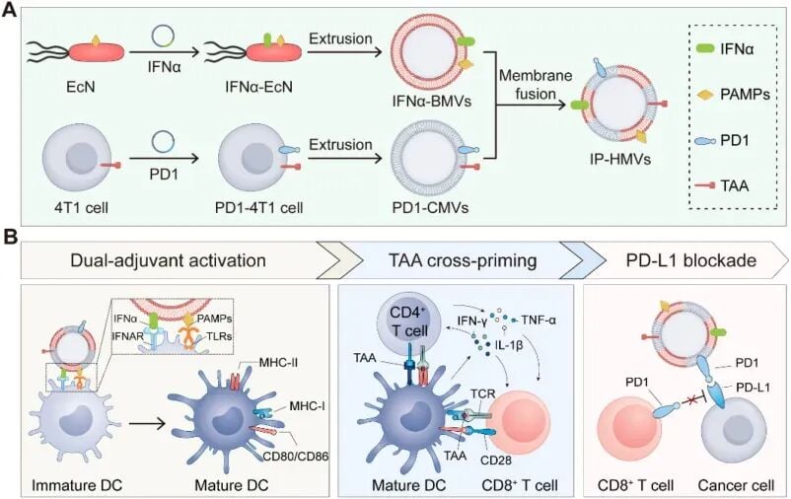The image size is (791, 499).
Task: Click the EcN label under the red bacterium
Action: click(81, 87)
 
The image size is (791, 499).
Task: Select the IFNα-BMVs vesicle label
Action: click(431, 102)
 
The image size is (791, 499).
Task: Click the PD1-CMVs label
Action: click(430, 207)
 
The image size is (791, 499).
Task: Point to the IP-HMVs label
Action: click(620, 160)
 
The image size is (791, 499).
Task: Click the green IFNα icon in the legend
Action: click(705, 48)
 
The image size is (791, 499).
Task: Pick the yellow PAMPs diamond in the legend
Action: click(705, 94)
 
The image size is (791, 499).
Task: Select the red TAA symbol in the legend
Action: click(705, 185)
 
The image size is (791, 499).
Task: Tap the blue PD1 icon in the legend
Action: click(705, 140)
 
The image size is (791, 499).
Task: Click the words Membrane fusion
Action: click(536, 85)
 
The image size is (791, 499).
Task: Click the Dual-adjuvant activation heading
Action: click(168, 260)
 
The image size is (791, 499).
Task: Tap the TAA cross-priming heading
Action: click(463, 260)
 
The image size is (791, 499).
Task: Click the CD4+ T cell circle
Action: click(409, 321)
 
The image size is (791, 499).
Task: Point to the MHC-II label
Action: click(278, 362)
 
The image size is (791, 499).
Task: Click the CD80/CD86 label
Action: click(296, 457)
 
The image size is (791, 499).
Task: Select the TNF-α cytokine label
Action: click(539, 320)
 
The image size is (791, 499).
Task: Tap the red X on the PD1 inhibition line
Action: click(689, 401)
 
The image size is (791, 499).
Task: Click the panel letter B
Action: click(11, 237)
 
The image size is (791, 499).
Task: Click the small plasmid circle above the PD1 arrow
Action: click(164, 142)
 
